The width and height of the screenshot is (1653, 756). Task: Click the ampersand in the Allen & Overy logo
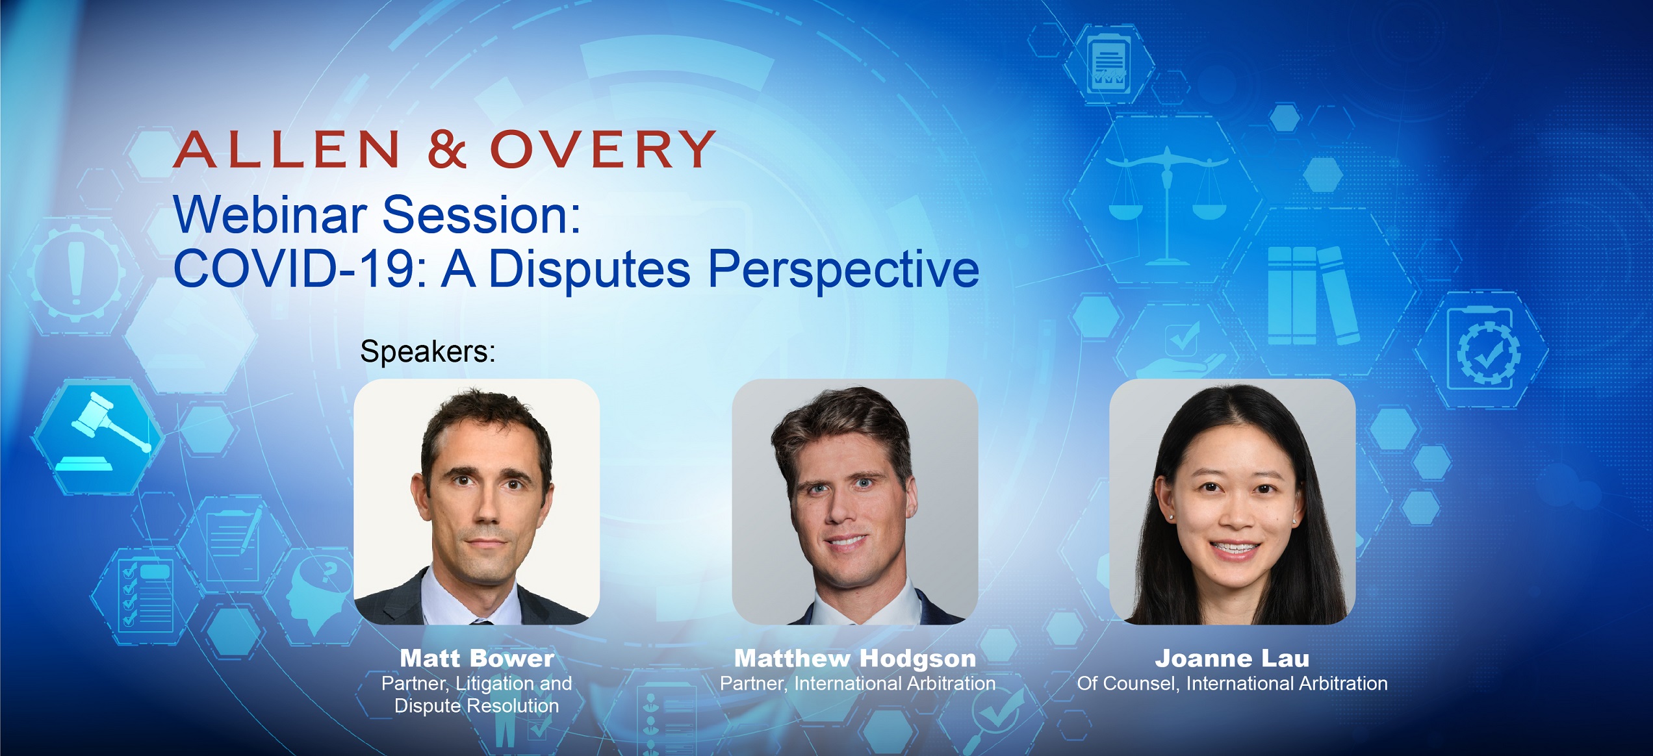tap(446, 149)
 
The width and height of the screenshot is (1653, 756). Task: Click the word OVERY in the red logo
tap(602, 149)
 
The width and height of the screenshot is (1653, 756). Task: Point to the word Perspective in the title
tap(843, 271)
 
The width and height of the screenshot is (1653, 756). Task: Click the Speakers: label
tap(428, 351)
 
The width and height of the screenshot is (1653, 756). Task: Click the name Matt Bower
tap(477, 659)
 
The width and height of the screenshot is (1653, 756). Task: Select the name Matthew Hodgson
tap(855, 659)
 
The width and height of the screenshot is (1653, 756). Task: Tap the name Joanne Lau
tap(1232, 659)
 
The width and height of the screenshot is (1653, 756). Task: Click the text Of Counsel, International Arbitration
tap(1232, 683)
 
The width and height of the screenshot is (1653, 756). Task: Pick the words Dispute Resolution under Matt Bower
tap(476, 706)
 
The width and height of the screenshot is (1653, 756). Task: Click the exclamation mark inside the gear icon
tap(77, 273)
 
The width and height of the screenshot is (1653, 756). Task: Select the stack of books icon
tap(1313, 296)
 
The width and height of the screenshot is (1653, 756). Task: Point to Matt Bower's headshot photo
tap(476, 502)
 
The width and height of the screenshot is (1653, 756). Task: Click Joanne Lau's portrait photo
tap(1232, 502)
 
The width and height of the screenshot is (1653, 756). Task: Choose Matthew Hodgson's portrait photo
tap(855, 502)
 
